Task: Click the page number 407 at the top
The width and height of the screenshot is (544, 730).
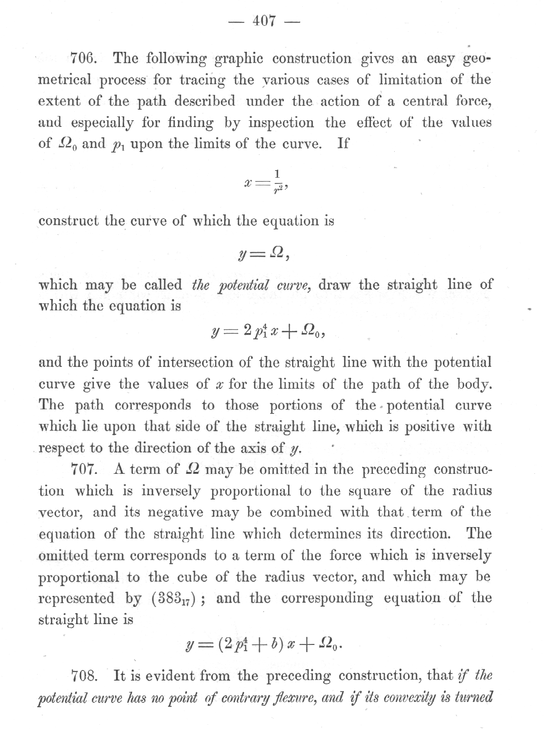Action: point(264,21)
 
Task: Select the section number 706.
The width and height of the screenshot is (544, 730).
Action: point(84,59)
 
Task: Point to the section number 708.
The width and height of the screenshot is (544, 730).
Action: point(84,675)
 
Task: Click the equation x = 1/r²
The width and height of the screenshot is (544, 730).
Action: point(264,181)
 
